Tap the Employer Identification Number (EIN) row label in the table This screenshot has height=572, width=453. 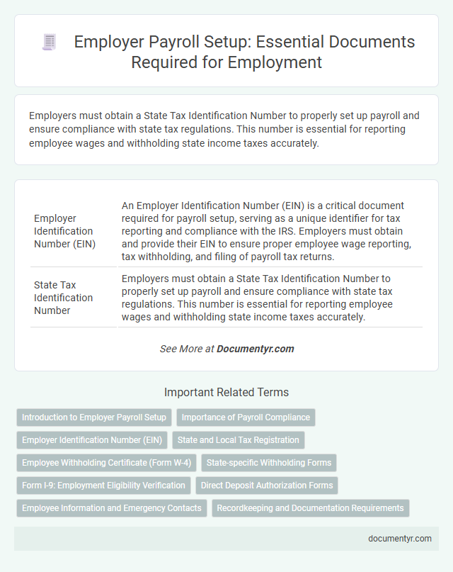point(63,231)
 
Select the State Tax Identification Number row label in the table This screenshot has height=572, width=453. point(63,298)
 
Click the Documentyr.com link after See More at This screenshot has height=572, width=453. point(255,349)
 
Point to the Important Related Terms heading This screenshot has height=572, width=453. point(226,392)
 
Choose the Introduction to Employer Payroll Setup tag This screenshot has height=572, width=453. point(94,417)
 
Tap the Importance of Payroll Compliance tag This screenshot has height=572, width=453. point(246,417)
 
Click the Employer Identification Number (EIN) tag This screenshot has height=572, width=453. point(92,440)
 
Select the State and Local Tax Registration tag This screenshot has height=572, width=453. point(238,440)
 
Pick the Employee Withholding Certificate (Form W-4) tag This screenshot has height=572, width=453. point(106,463)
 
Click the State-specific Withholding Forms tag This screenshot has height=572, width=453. point(269,463)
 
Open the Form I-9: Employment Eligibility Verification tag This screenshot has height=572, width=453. point(103,486)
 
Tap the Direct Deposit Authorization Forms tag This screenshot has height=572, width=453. point(266,486)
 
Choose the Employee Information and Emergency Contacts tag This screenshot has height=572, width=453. point(111,508)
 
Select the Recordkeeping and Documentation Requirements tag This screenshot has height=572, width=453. point(310,508)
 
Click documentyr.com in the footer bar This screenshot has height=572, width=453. point(400,538)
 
